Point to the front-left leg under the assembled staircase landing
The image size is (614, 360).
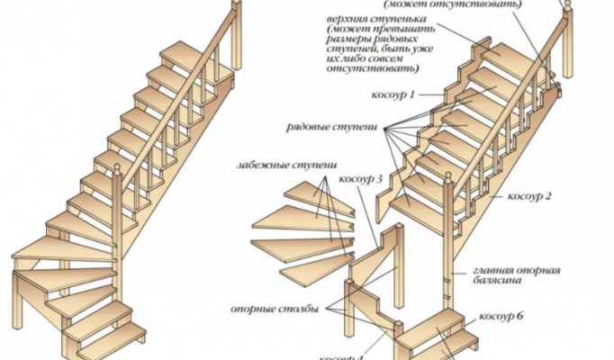[x=21, y=301]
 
